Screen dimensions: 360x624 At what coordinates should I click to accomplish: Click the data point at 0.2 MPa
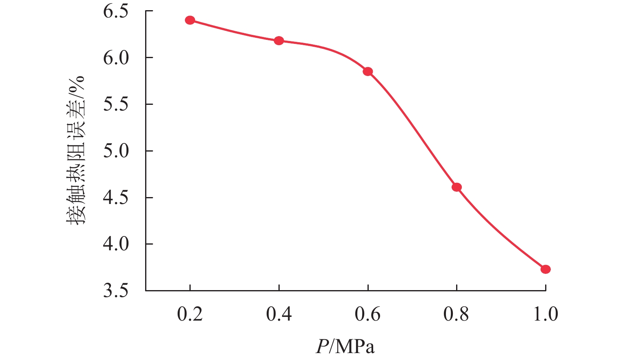(x=190, y=20)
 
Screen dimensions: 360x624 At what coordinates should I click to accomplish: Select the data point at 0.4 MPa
(x=279, y=41)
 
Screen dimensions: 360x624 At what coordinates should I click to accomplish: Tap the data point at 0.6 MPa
(x=368, y=72)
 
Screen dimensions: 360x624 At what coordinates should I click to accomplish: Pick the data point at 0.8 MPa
(x=457, y=187)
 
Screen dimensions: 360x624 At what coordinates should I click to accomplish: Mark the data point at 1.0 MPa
(x=546, y=269)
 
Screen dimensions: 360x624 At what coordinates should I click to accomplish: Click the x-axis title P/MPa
(x=345, y=347)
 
